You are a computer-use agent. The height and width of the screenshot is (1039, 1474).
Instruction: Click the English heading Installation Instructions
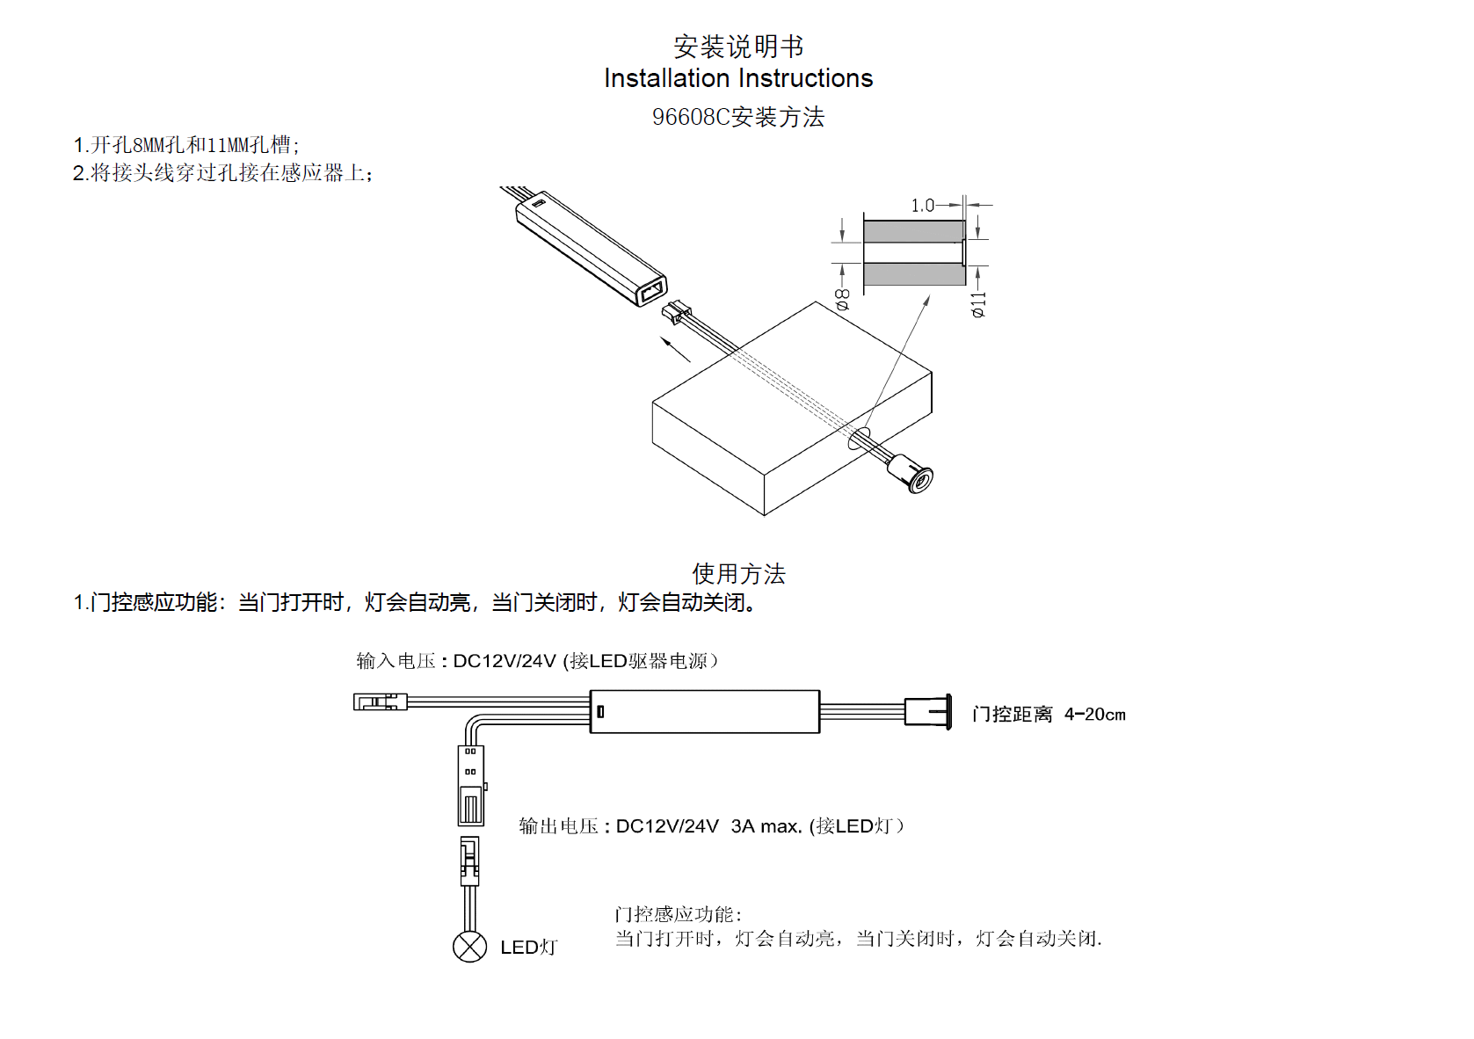[738, 78]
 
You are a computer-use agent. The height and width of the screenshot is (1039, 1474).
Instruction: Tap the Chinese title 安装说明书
[738, 46]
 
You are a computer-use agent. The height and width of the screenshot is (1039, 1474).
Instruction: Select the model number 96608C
[691, 117]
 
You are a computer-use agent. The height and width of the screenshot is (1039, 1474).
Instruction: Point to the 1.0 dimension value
[922, 206]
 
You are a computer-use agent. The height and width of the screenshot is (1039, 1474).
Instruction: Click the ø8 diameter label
[842, 299]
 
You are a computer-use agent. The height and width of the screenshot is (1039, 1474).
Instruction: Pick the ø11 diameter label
[978, 304]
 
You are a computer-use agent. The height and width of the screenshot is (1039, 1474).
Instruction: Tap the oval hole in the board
[859, 438]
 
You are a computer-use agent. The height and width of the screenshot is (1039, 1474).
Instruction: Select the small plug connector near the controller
[677, 311]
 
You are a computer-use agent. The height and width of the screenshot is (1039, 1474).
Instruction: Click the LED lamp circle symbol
[469, 946]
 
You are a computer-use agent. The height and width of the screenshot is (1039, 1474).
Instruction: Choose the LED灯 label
[528, 947]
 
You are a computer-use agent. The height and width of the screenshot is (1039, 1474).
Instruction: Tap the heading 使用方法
[738, 574]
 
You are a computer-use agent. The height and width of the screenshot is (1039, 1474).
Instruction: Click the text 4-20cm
[1094, 715]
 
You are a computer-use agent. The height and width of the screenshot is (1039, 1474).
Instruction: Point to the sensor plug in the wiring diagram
[928, 711]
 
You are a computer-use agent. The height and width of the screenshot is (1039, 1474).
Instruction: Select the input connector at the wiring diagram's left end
[380, 701]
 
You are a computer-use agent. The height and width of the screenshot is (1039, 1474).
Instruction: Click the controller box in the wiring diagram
[704, 711]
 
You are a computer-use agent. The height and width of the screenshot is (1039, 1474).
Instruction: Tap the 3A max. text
[766, 826]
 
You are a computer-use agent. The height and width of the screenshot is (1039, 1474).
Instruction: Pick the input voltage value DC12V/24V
[505, 661]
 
